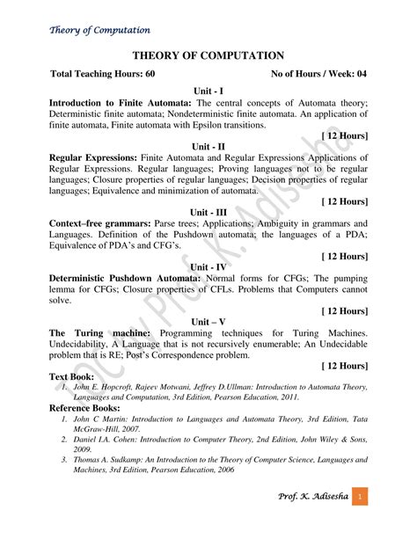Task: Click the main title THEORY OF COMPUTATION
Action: tap(208, 55)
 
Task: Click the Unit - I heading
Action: tap(208, 91)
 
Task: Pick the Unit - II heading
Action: tap(208, 146)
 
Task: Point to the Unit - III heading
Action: tap(208, 212)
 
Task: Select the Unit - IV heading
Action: tap(208, 266)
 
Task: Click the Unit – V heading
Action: tap(208, 322)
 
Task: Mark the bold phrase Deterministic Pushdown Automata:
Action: tap(127, 278)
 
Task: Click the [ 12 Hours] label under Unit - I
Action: tap(344, 135)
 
